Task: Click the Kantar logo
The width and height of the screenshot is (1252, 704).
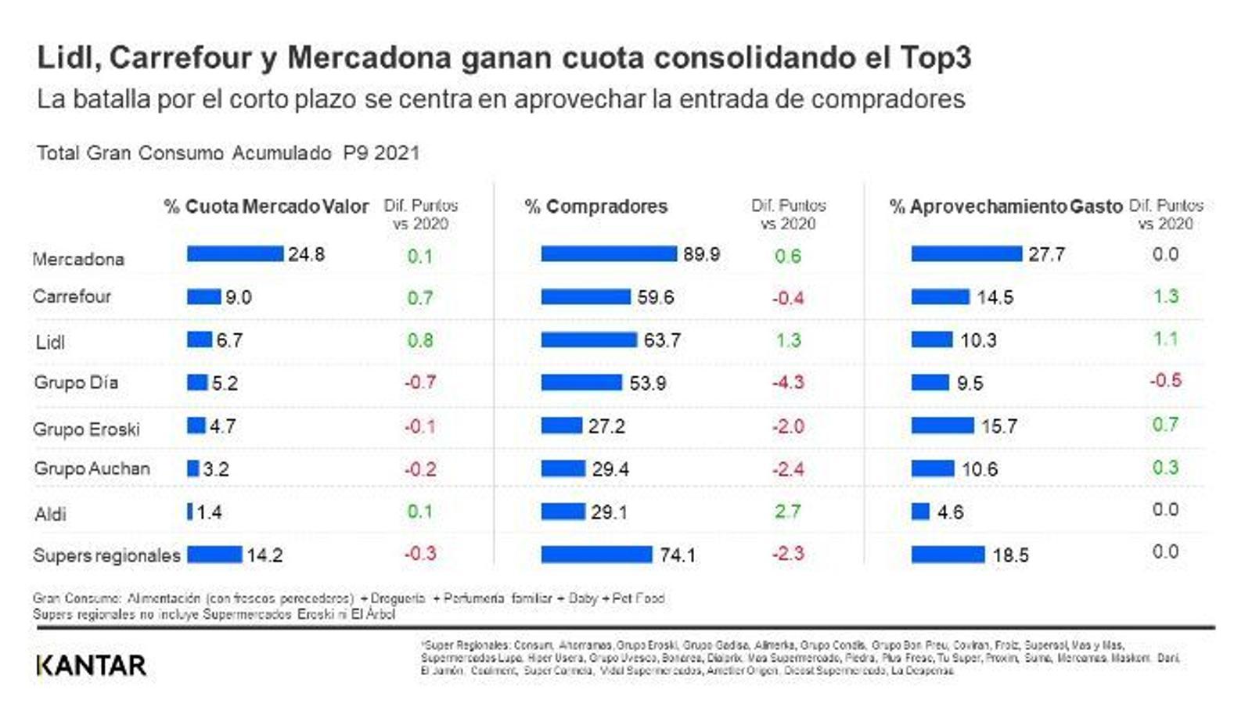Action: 92,665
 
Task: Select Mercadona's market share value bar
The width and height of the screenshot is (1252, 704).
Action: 235,253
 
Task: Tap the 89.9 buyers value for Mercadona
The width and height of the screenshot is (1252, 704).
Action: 701,254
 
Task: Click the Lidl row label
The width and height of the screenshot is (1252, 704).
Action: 50,342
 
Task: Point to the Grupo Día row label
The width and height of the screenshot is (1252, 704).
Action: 76,383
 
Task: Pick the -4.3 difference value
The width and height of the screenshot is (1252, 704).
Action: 788,383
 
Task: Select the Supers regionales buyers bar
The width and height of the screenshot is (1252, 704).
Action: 596,555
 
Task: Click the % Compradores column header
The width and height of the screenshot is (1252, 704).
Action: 596,207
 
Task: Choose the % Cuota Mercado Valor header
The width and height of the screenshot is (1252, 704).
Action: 266,207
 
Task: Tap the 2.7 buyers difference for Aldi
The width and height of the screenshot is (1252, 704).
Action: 787,512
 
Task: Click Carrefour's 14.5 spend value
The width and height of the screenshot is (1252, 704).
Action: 995,297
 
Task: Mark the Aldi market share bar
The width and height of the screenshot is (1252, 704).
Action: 189,512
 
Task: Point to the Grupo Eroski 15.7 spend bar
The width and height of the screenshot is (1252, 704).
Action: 942,426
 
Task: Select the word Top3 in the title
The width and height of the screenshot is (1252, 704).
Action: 935,57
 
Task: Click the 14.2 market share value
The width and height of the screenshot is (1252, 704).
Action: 264,555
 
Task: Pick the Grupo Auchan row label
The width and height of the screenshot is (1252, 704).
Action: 92,469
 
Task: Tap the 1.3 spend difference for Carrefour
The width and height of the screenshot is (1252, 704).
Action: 1165,296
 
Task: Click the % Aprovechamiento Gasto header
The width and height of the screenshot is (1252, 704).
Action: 1006,207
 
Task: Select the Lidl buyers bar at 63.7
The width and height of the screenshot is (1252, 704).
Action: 588,339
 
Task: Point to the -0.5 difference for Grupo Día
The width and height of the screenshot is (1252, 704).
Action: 1165,381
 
